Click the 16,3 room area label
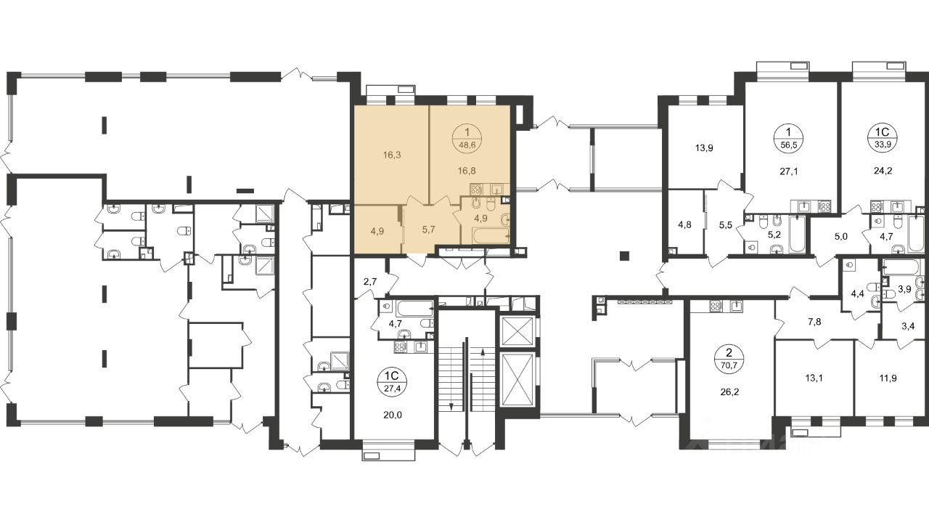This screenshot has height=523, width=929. pyautogui.click(x=392, y=155)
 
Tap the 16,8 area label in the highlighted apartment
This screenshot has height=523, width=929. pyautogui.click(x=467, y=170)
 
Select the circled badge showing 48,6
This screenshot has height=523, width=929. pyautogui.click(x=467, y=139)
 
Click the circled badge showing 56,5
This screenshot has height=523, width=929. pyautogui.click(x=788, y=139)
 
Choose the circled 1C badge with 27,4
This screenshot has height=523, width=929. pyautogui.click(x=392, y=382)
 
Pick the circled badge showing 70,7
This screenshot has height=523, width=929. pyautogui.click(x=729, y=360)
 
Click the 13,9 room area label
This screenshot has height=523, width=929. pyautogui.click(x=704, y=147)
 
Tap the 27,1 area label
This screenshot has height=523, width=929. pyautogui.click(x=788, y=171)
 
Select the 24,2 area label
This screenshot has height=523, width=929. pyautogui.click(x=883, y=170)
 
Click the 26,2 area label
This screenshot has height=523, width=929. pyautogui.click(x=729, y=392)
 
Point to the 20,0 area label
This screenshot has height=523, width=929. pyautogui.click(x=393, y=415)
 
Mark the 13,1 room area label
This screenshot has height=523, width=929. pyautogui.click(x=814, y=378)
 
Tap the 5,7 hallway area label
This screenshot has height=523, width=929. pyautogui.click(x=428, y=229)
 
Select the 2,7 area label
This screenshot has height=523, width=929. pyautogui.click(x=369, y=283)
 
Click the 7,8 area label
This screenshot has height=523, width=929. pyautogui.click(x=814, y=322)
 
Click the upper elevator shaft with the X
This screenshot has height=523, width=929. pyautogui.click(x=517, y=331)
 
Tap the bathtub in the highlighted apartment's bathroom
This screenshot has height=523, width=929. pyautogui.click(x=491, y=235)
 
